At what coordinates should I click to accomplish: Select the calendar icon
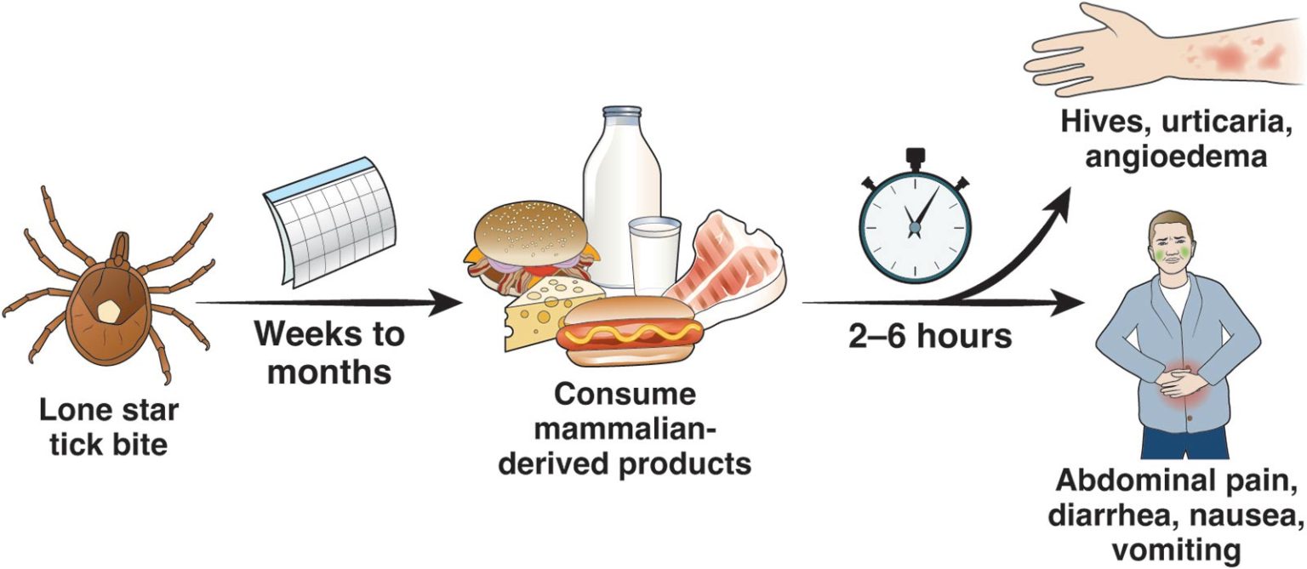[328, 223]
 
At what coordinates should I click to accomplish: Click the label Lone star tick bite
[108, 427]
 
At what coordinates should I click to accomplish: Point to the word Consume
[625, 395]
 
